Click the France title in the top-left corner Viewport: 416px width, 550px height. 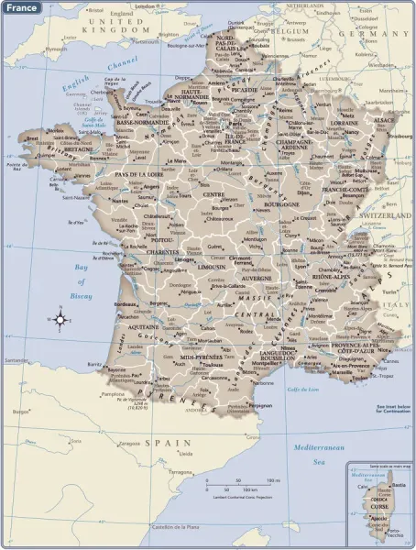click(x=20, y=6)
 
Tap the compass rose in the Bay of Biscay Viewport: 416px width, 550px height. click(x=60, y=320)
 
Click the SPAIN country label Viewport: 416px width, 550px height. click(x=166, y=442)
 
